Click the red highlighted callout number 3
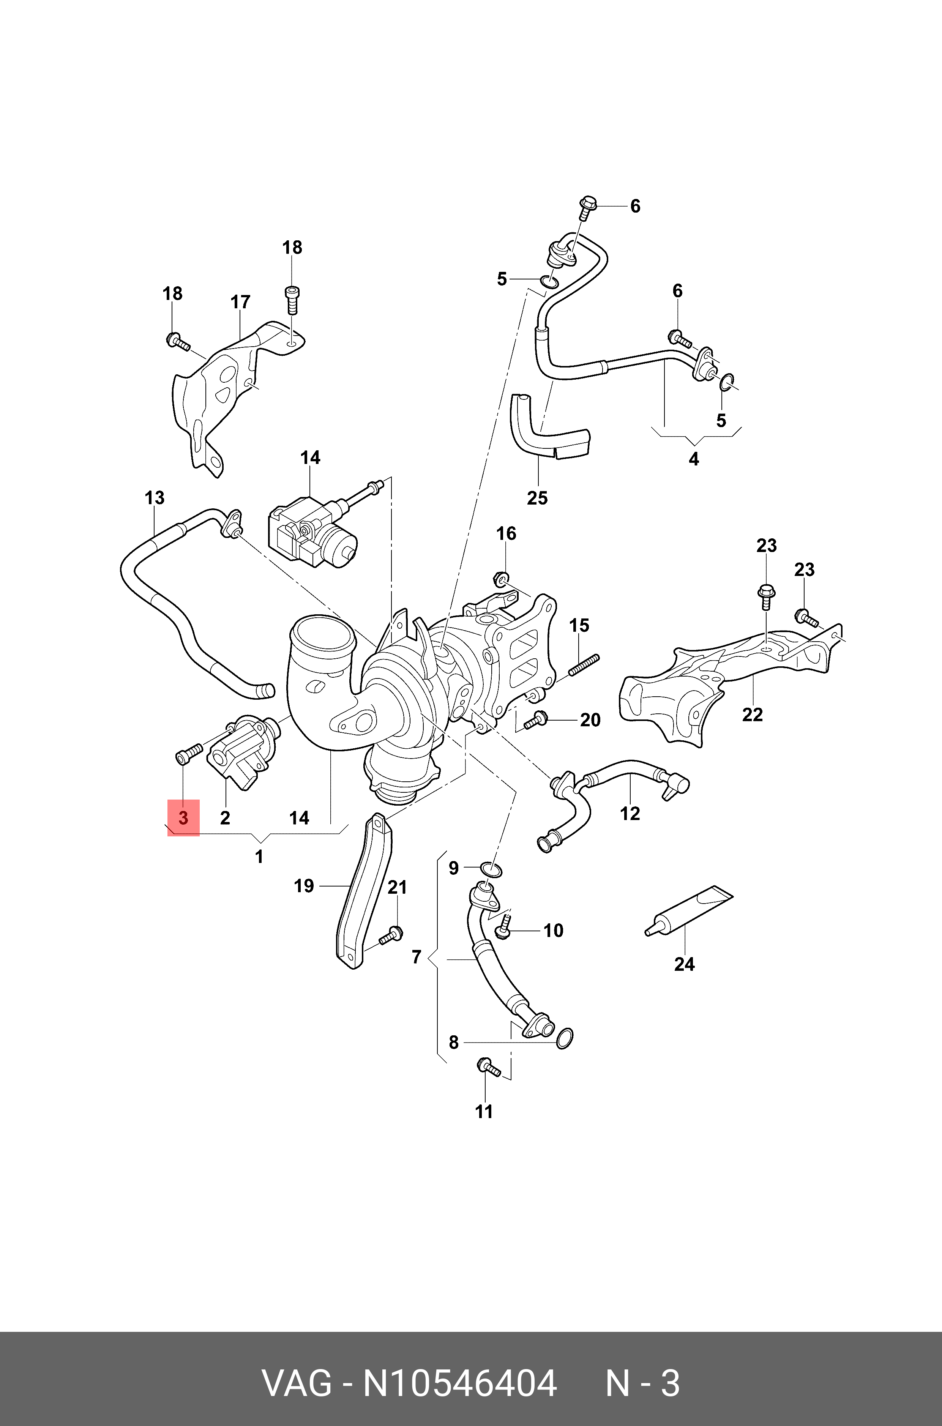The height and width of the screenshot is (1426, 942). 183,817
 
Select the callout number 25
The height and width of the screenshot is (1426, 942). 537,498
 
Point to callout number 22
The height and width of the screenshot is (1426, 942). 752,715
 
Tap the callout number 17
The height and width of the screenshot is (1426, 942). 240,302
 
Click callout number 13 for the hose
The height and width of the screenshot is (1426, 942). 155,498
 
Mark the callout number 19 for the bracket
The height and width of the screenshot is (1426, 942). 304,886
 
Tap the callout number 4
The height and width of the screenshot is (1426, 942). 694,459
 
